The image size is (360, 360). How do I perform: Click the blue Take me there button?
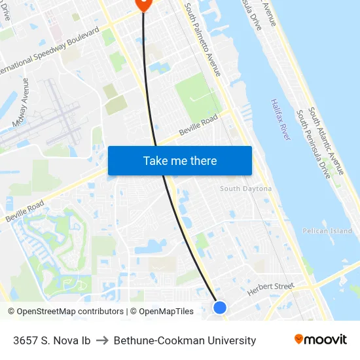click(x=179, y=160)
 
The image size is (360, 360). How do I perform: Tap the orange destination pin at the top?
click(x=143, y=4)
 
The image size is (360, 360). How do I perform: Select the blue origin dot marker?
click(x=220, y=307)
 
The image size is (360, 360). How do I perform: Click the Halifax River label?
click(x=280, y=119)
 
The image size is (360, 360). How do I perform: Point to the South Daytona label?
click(x=245, y=189)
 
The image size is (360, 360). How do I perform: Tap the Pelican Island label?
click(x=327, y=231)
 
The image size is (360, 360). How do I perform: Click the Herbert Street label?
click(x=271, y=289)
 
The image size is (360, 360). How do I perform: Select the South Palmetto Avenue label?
click(x=203, y=39)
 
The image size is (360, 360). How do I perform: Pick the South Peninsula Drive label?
click(x=314, y=145)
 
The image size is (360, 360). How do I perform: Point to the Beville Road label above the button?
click(x=198, y=127)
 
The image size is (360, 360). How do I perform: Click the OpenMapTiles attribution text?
click(x=166, y=312)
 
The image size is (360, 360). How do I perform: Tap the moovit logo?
click(x=321, y=340)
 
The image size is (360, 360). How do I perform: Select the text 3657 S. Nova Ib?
click(x=52, y=340)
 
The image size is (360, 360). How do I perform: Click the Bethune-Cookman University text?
click(x=185, y=340)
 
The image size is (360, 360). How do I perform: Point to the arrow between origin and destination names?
click(x=102, y=340)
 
